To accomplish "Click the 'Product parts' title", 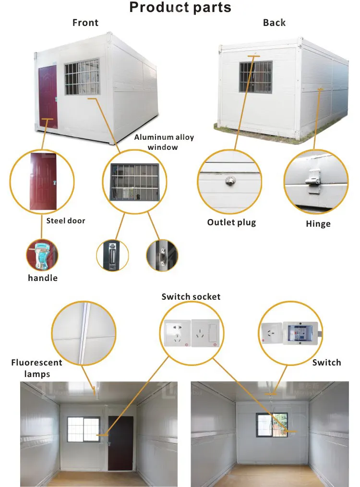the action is click(x=180, y=8).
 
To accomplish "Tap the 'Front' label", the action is click(x=85, y=23).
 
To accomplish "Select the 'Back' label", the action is click(x=274, y=23).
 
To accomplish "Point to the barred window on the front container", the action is click(x=82, y=77).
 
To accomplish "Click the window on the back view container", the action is click(x=255, y=77).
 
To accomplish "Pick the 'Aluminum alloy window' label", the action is click(x=164, y=142).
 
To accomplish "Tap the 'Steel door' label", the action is click(x=66, y=221).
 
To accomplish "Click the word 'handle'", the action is click(x=43, y=278).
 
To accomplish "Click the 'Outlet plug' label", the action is click(x=231, y=222).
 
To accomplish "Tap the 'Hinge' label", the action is click(x=318, y=224).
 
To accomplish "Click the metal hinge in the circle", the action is click(x=313, y=182).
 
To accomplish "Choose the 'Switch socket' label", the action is click(x=191, y=296).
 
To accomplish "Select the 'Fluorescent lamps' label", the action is click(x=37, y=367).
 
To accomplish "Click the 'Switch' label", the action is click(x=326, y=362).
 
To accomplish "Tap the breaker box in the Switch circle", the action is click(x=300, y=332).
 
